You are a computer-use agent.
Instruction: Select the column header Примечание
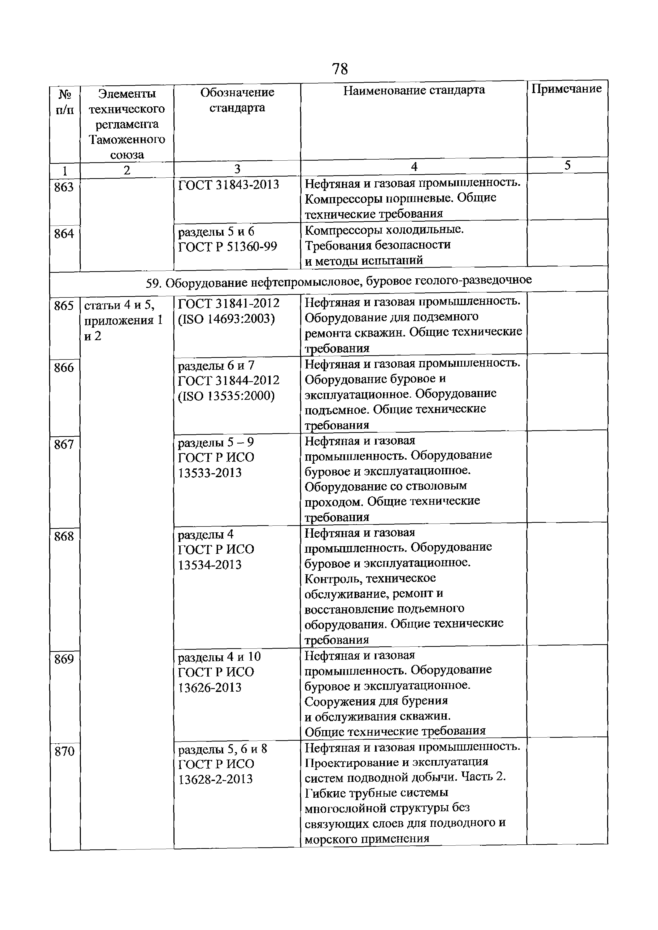(567, 89)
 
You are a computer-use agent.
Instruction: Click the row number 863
(64, 187)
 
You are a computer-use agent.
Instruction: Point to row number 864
(64, 234)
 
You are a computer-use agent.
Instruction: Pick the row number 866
(64, 368)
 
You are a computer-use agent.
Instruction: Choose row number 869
(64, 659)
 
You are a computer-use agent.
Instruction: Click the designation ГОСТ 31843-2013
(229, 185)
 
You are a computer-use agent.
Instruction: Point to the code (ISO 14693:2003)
(226, 319)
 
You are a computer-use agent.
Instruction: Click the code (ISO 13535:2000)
(226, 396)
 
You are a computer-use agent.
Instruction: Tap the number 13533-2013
(210, 473)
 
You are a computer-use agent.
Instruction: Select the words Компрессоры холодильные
(384, 230)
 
